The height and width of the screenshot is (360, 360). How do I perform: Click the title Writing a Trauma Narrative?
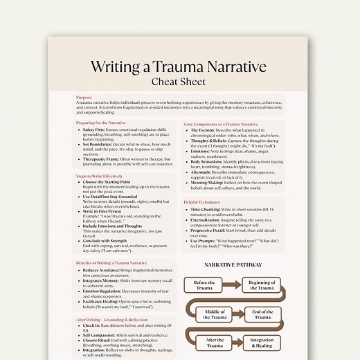click(x=179, y=67)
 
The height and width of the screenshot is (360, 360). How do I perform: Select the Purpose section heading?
click(x=84, y=98)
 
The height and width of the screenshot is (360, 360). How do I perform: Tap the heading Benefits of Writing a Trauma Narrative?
click(x=111, y=264)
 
